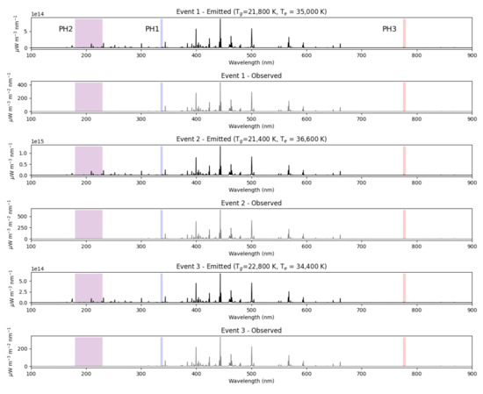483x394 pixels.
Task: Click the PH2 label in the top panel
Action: (66, 29)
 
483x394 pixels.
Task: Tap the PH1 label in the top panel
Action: (152, 29)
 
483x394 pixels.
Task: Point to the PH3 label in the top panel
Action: (389, 29)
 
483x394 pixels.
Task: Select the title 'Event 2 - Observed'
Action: (251, 204)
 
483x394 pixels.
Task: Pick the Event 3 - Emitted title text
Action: (251, 268)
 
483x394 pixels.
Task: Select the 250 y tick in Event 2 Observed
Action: (22, 226)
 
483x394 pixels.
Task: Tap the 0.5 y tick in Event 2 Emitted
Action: (24, 164)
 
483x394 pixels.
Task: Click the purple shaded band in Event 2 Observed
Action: (89, 224)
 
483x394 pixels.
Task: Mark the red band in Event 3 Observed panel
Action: (404, 351)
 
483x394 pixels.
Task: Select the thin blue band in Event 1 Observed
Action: (162, 97)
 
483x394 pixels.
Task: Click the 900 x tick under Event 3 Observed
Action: (472, 372)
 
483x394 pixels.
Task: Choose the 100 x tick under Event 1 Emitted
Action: (32, 54)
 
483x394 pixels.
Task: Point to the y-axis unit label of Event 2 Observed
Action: (7, 224)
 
